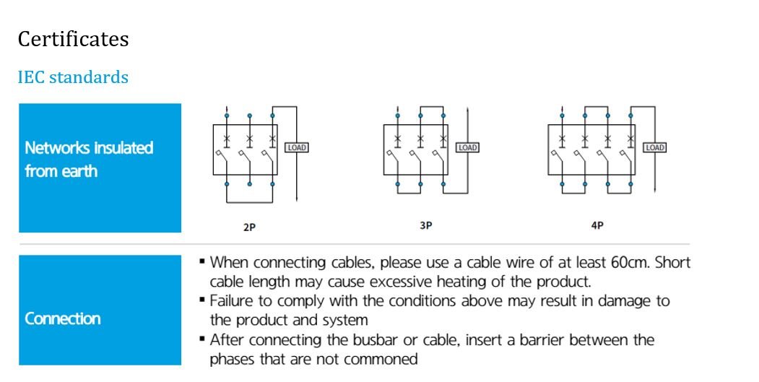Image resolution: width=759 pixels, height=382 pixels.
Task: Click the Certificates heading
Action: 73,39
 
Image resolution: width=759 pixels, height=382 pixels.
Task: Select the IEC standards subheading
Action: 73,77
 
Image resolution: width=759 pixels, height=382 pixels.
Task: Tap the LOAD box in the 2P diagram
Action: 297,147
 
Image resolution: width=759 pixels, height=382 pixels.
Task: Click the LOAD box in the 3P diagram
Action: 468,147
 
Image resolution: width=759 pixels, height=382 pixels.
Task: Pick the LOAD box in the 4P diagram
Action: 654,147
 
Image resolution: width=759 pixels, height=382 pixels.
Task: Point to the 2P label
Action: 249,227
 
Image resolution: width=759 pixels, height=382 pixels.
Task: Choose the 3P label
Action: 425,225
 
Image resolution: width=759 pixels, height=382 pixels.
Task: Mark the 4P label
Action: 597,225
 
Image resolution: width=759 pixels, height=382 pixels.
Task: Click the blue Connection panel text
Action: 63,318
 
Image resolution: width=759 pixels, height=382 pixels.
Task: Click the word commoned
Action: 381,359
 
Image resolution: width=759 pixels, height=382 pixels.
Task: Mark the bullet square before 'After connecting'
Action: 201,339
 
